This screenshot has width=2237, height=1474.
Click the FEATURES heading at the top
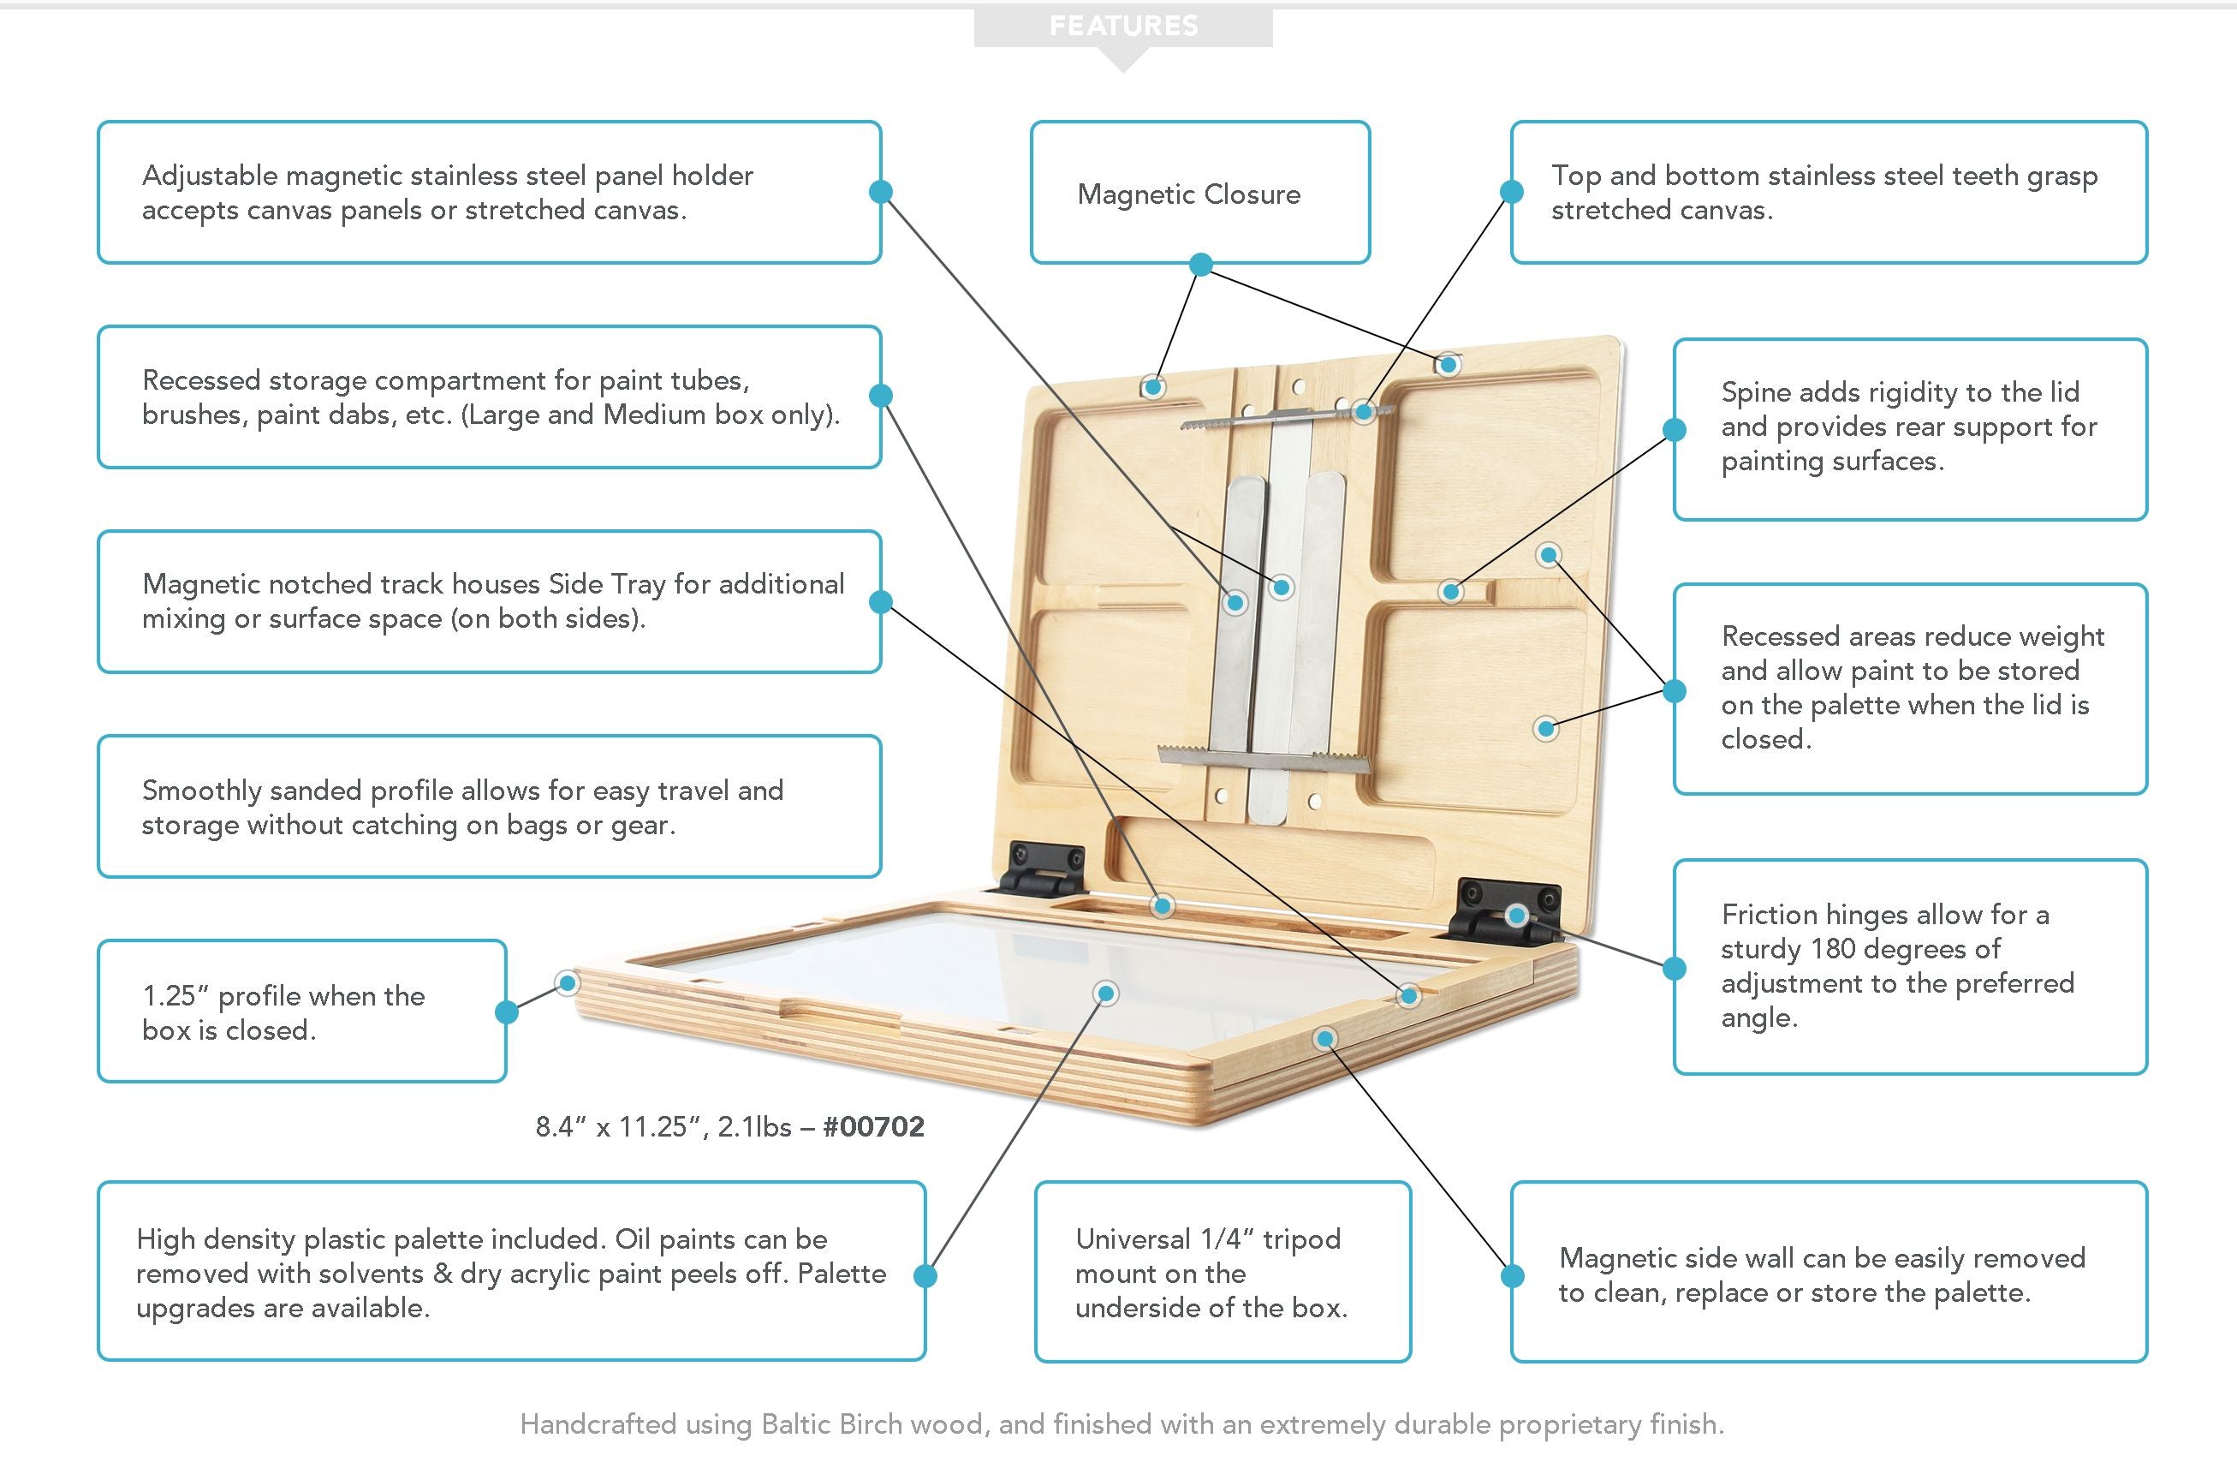pyautogui.click(x=1123, y=26)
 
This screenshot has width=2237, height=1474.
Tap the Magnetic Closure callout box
pyautogui.click(x=1199, y=193)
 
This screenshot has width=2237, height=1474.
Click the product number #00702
pyautogui.click(x=873, y=1126)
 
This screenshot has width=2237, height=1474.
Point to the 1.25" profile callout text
pyautogui.click(x=283, y=1012)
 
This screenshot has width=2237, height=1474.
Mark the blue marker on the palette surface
pyautogui.click(x=1106, y=993)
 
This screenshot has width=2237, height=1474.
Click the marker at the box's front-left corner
pyautogui.click(x=567, y=983)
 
